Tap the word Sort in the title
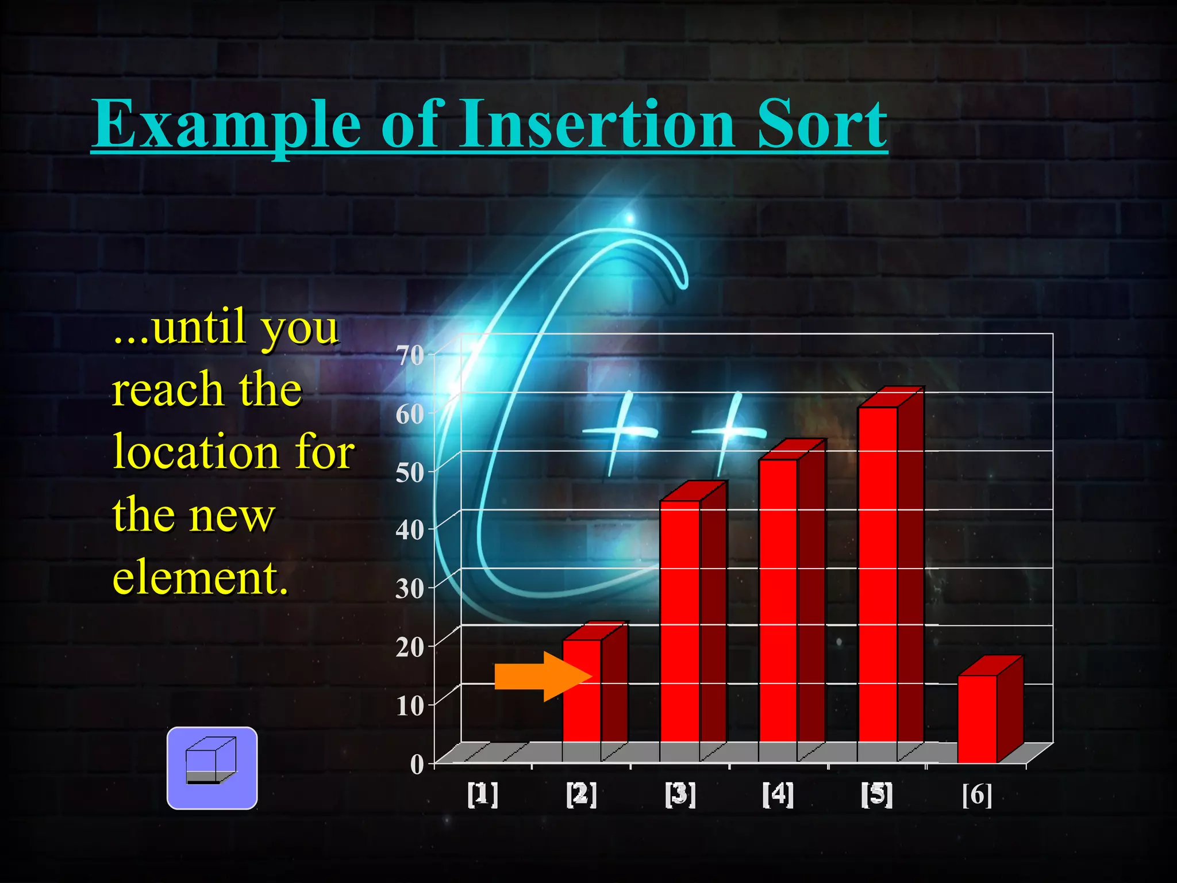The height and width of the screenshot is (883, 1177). (x=822, y=124)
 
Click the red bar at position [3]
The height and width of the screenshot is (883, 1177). (x=680, y=627)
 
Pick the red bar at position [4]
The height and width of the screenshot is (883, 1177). (x=778, y=604)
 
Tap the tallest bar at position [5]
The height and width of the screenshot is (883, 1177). (x=877, y=575)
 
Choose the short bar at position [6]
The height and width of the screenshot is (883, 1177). (x=976, y=719)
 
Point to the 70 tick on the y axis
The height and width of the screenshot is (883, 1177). (x=410, y=355)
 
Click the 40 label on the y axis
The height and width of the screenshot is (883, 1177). (x=410, y=530)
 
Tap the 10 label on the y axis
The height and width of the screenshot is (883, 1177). (x=410, y=706)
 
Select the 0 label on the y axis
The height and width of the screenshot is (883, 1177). (x=417, y=765)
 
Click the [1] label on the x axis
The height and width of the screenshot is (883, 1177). (x=483, y=794)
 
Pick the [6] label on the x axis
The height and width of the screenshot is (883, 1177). (x=977, y=794)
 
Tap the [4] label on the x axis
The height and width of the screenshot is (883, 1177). (x=778, y=794)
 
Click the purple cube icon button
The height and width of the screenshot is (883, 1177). (x=212, y=768)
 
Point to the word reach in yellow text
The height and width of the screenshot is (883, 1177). (x=167, y=390)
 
